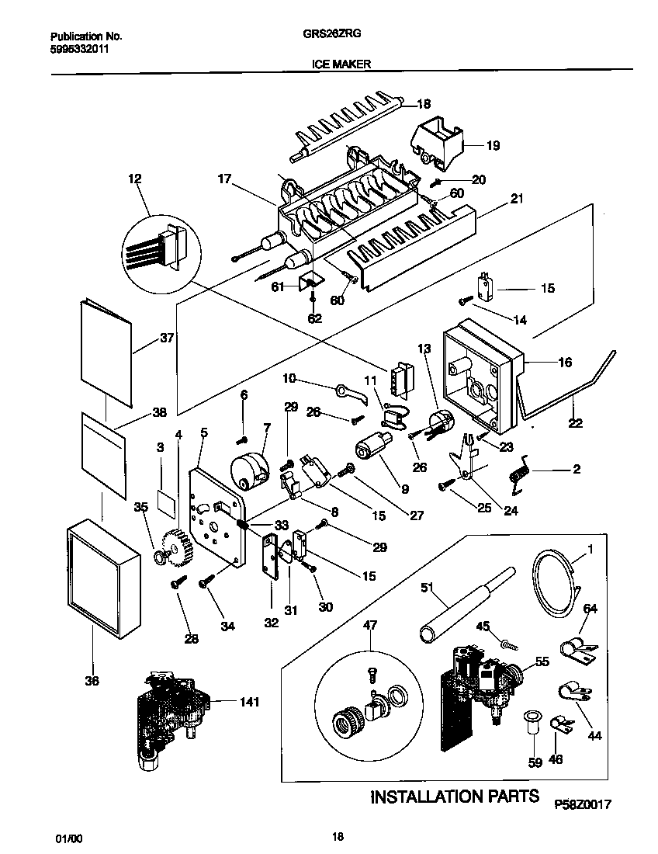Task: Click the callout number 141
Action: click(249, 702)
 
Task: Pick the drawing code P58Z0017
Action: click(583, 805)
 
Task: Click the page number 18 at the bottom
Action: click(338, 836)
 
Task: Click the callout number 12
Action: click(135, 179)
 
